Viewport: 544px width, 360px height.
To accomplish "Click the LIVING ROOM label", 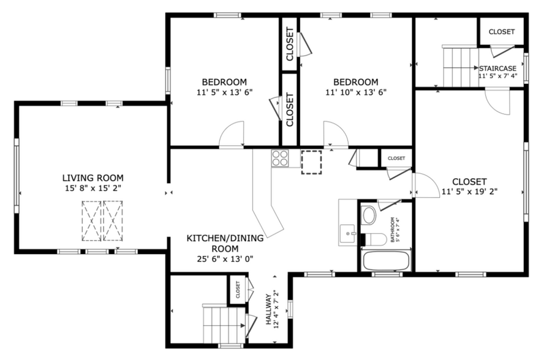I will pyautogui.click(x=92, y=178).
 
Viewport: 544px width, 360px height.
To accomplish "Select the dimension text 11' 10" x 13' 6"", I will pyautogui.click(x=355, y=92).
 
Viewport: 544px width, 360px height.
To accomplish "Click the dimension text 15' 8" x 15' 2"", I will pyautogui.click(x=92, y=189).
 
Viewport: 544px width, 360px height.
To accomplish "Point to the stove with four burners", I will pyautogui.click(x=280, y=158).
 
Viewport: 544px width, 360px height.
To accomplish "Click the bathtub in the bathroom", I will pyautogui.click(x=385, y=260).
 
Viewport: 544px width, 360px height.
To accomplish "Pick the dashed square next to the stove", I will pyautogui.click(x=311, y=162).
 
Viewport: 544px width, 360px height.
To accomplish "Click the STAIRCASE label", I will pyautogui.click(x=497, y=69).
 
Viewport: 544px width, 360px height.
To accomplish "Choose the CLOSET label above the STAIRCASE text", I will pyautogui.click(x=501, y=32).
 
